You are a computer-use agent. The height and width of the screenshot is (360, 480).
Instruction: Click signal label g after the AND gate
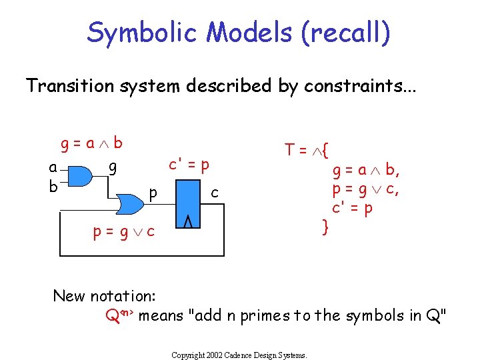pos(113,167)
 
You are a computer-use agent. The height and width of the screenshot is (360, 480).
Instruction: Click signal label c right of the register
pos(215,193)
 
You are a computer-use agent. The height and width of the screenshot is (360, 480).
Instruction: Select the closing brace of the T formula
pos(325,228)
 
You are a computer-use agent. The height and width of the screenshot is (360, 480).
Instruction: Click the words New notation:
pos(104,295)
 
